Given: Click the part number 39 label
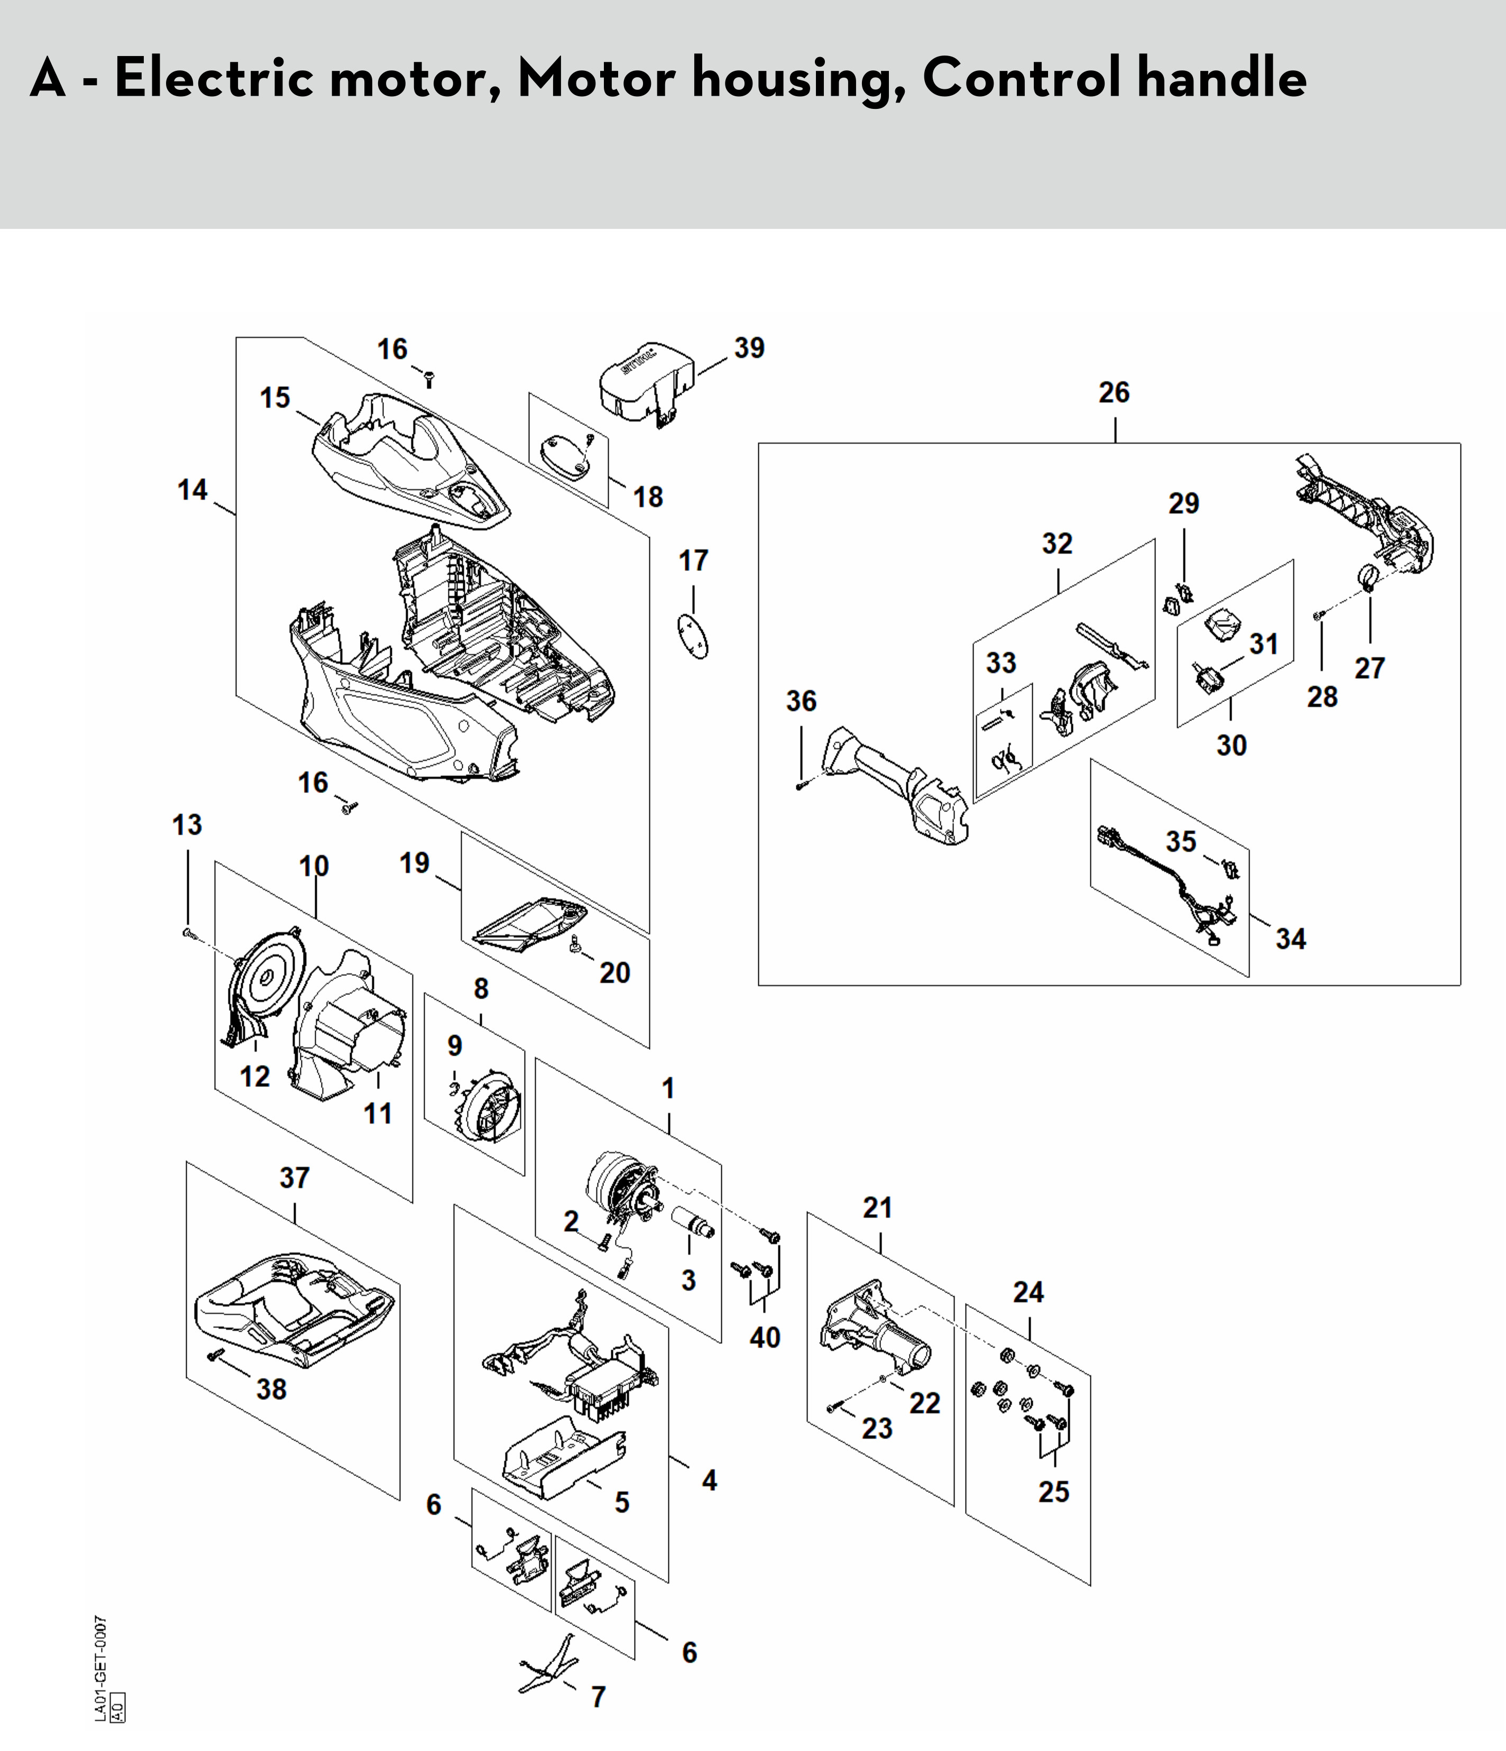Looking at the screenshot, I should pos(749,348).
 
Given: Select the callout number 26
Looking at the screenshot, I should pos(1114,392).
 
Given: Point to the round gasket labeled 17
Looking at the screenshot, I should pos(694,635).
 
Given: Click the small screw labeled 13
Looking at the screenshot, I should pos(188,933).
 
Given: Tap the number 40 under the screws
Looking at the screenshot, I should pos(765,1337).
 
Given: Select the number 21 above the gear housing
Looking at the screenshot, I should pos(877,1208).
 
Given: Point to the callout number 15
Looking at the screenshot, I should pos(274,397).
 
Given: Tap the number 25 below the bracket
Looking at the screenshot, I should pos(1054,1491).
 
